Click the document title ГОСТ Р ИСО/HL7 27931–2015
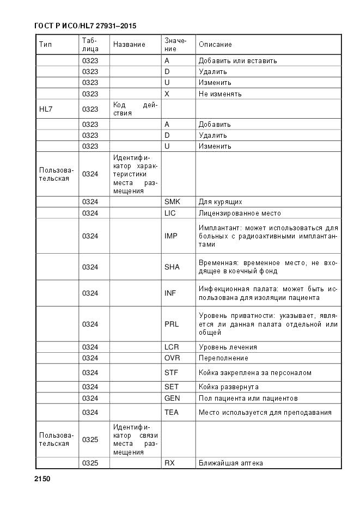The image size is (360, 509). pyautogui.click(x=85, y=26)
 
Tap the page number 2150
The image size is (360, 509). pyautogui.click(x=42, y=479)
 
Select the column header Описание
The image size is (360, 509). pyautogui.click(x=215, y=44)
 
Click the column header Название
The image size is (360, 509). pyautogui.click(x=129, y=44)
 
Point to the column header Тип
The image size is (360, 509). pyautogui.click(x=45, y=44)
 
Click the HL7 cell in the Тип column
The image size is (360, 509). pyautogui.click(x=45, y=109)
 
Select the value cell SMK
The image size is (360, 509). pyautogui.click(x=172, y=202)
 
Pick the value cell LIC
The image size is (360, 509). pyautogui.click(x=169, y=213)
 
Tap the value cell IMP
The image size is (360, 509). pyautogui.click(x=170, y=236)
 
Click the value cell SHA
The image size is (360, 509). pyautogui.click(x=172, y=267)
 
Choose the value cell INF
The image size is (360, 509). pyautogui.click(x=170, y=293)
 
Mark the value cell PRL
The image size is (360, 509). pyautogui.click(x=171, y=324)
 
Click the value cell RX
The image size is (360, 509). pyautogui.click(x=169, y=463)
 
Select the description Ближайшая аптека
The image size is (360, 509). pyautogui.click(x=231, y=463)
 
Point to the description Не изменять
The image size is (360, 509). pyautogui.click(x=220, y=94)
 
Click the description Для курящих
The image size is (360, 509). pyautogui.click(x=220, y=202)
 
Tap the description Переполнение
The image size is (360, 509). pyautogui.click(x=223, y=358)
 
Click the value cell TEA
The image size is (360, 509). pyautogui.click(x=171, y=413)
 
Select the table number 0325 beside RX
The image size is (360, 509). pyautogui.click(x=90, y=463)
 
